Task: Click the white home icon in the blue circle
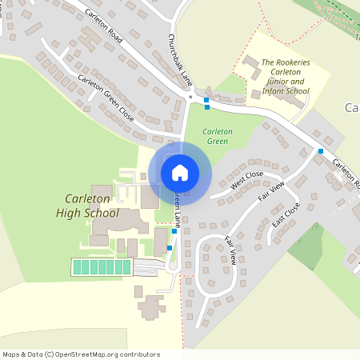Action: (x=180, y=173)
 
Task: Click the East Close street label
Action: (x=286, y=214)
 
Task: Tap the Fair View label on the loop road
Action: (x=230, y=250)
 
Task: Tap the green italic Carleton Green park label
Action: (x=217, y=136)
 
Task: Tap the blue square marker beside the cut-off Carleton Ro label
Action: (x=320, y=151)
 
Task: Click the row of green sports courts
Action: (x=102, y=267)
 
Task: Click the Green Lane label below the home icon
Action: (x=177, y=206)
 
